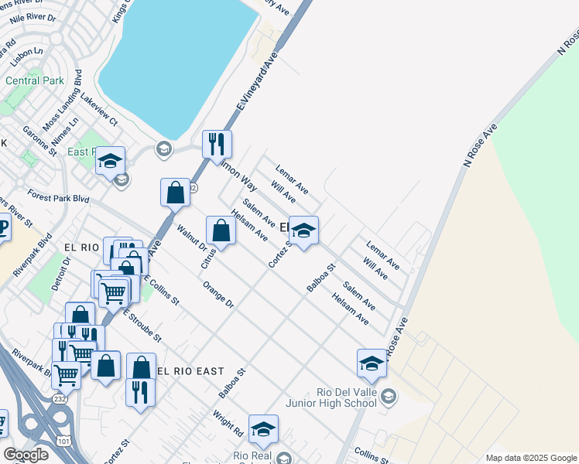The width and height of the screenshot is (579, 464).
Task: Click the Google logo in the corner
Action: (26, 455)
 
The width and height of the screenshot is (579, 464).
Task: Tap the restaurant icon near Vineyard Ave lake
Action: (217, 144)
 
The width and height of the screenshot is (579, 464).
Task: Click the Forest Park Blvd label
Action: (59, 198)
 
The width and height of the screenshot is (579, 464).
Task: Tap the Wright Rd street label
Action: (228, 422)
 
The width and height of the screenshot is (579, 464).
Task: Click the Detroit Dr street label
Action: (61, 273)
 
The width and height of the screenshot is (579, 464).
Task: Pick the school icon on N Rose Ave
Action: (372, 363)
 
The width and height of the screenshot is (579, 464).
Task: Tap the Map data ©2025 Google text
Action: (530, 458)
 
